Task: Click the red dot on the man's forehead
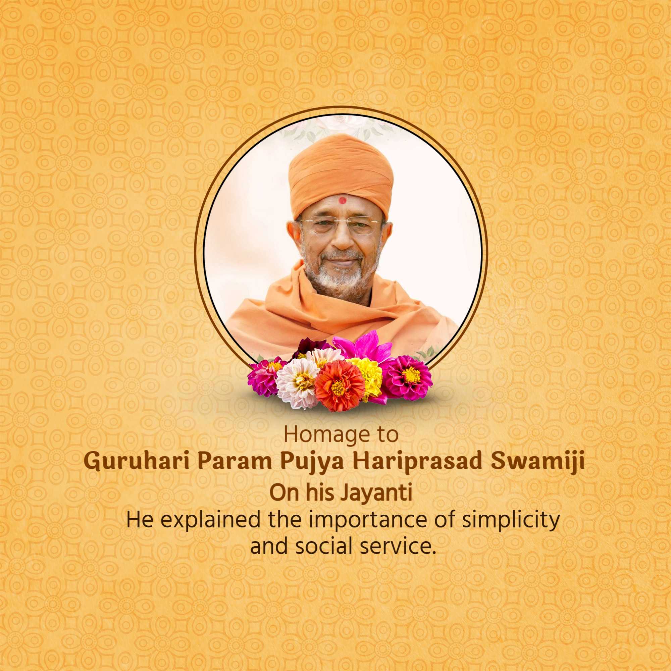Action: (343, 200)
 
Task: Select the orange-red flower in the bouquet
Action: (339, 385)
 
